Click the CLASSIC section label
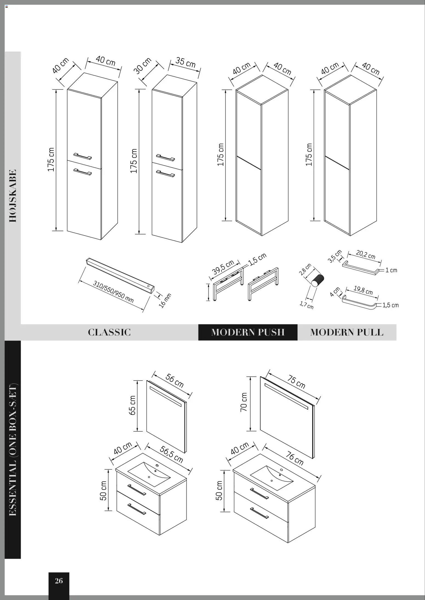click(x=109, y=332)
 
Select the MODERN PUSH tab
click(x=248, y=332)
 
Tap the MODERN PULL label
click(x=347, y=332)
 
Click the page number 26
click(x=59, y=581)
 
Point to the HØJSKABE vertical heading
click(x=13, y=196)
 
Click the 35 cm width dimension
click(x=185, y=62)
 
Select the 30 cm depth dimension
click(x=143, y=66)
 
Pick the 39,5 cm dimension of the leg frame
click(x=223, y=267)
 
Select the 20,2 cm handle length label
click(x=365, y=255)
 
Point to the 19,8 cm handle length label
click(x=363, y=290)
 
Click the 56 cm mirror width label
click(x=174, y=380)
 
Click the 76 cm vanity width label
click(x=294, y=458)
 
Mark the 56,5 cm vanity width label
click(x=171, y=455)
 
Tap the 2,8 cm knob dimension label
click(x=305, y=270)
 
